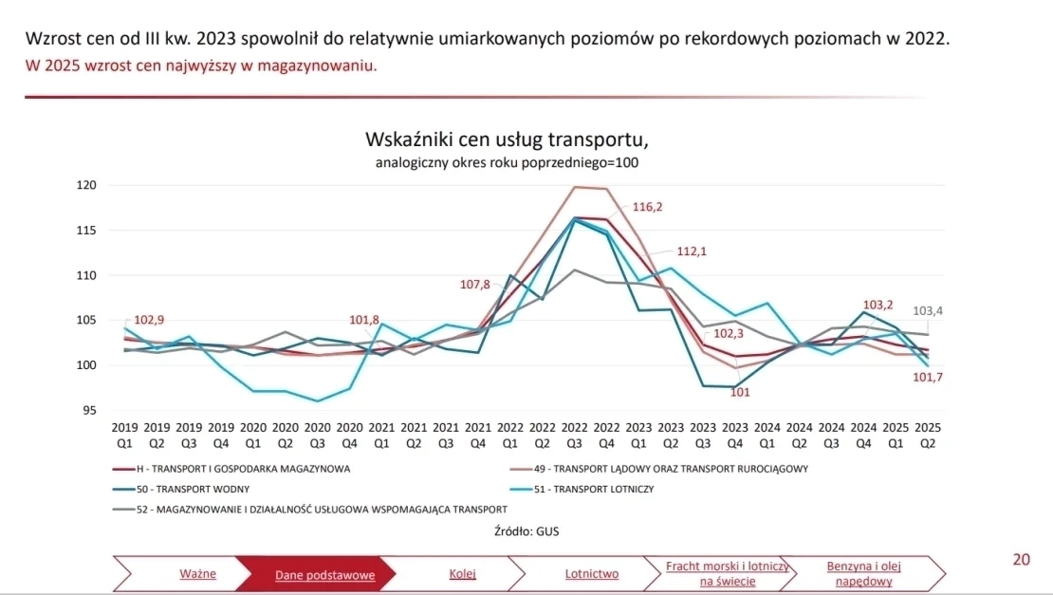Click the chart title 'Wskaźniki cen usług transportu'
(507, 140)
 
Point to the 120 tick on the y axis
(86, 185)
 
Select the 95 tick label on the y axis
(89, 411)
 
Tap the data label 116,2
(647, 207)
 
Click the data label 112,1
(692, 252)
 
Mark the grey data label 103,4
(928, 311)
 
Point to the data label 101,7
(927, 378)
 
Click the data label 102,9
(156, 320)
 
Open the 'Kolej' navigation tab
(462, 574)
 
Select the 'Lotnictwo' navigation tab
(592, 574)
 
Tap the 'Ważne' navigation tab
(197, 574)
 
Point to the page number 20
(1021, 560)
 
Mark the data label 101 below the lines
(740, 393)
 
